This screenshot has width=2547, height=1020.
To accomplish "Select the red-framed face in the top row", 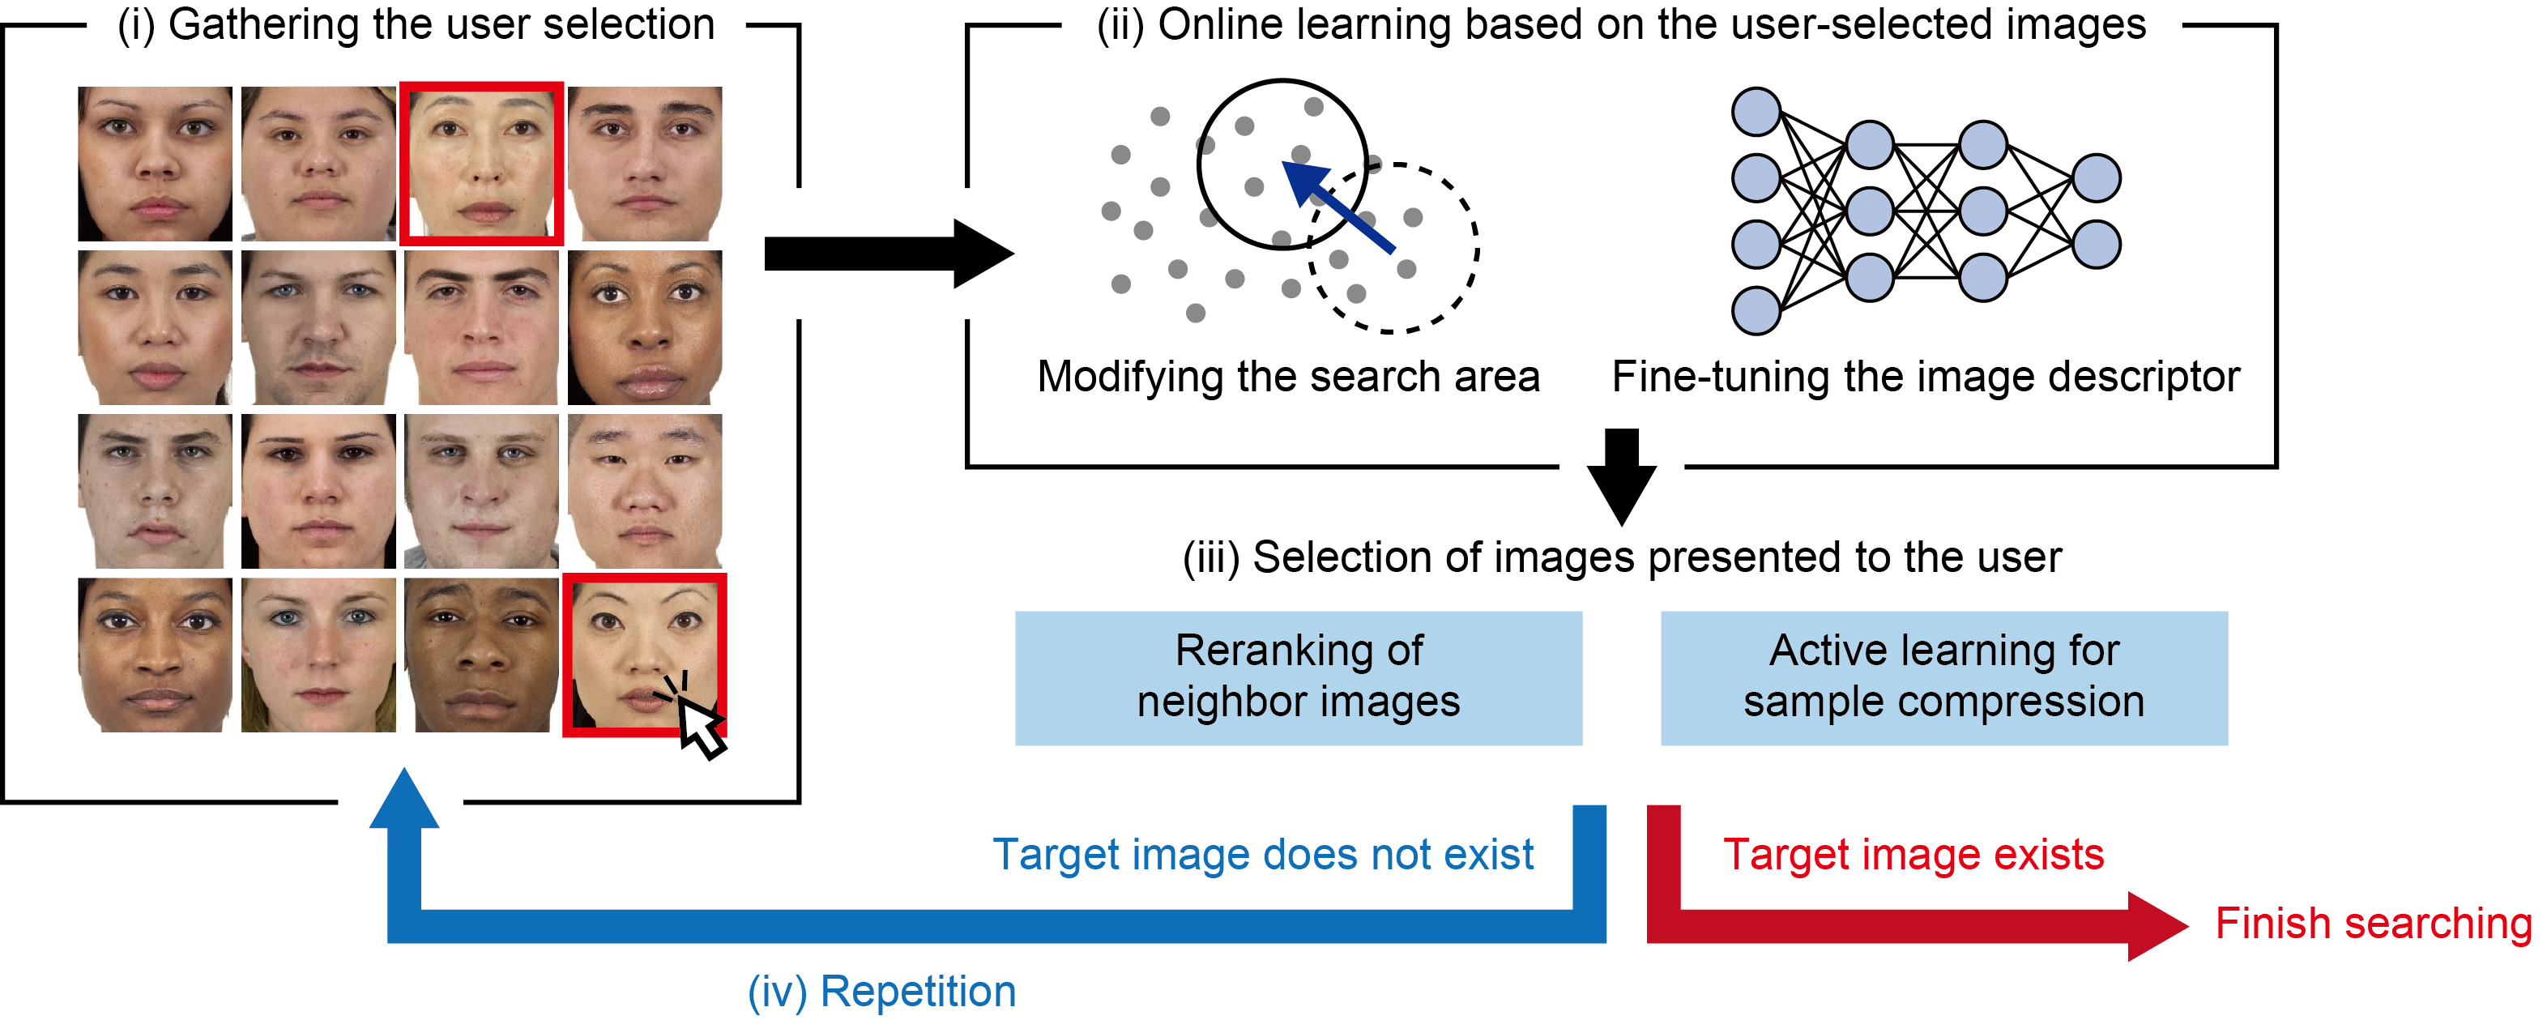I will point(481,163).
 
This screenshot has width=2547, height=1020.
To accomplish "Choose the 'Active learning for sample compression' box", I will point(1943,677).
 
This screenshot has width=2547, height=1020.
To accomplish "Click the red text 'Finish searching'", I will point(2373,923).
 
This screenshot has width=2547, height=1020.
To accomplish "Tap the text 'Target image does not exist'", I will point(1263,854).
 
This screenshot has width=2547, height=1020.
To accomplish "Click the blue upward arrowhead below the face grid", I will point(403,800).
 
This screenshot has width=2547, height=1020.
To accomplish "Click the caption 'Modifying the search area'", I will point(1287,377).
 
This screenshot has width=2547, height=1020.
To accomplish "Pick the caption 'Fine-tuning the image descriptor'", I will point(1925,377).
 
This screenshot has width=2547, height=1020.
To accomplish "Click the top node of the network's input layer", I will point(1756,112).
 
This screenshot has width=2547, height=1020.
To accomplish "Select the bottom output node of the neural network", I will point(2096,244).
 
